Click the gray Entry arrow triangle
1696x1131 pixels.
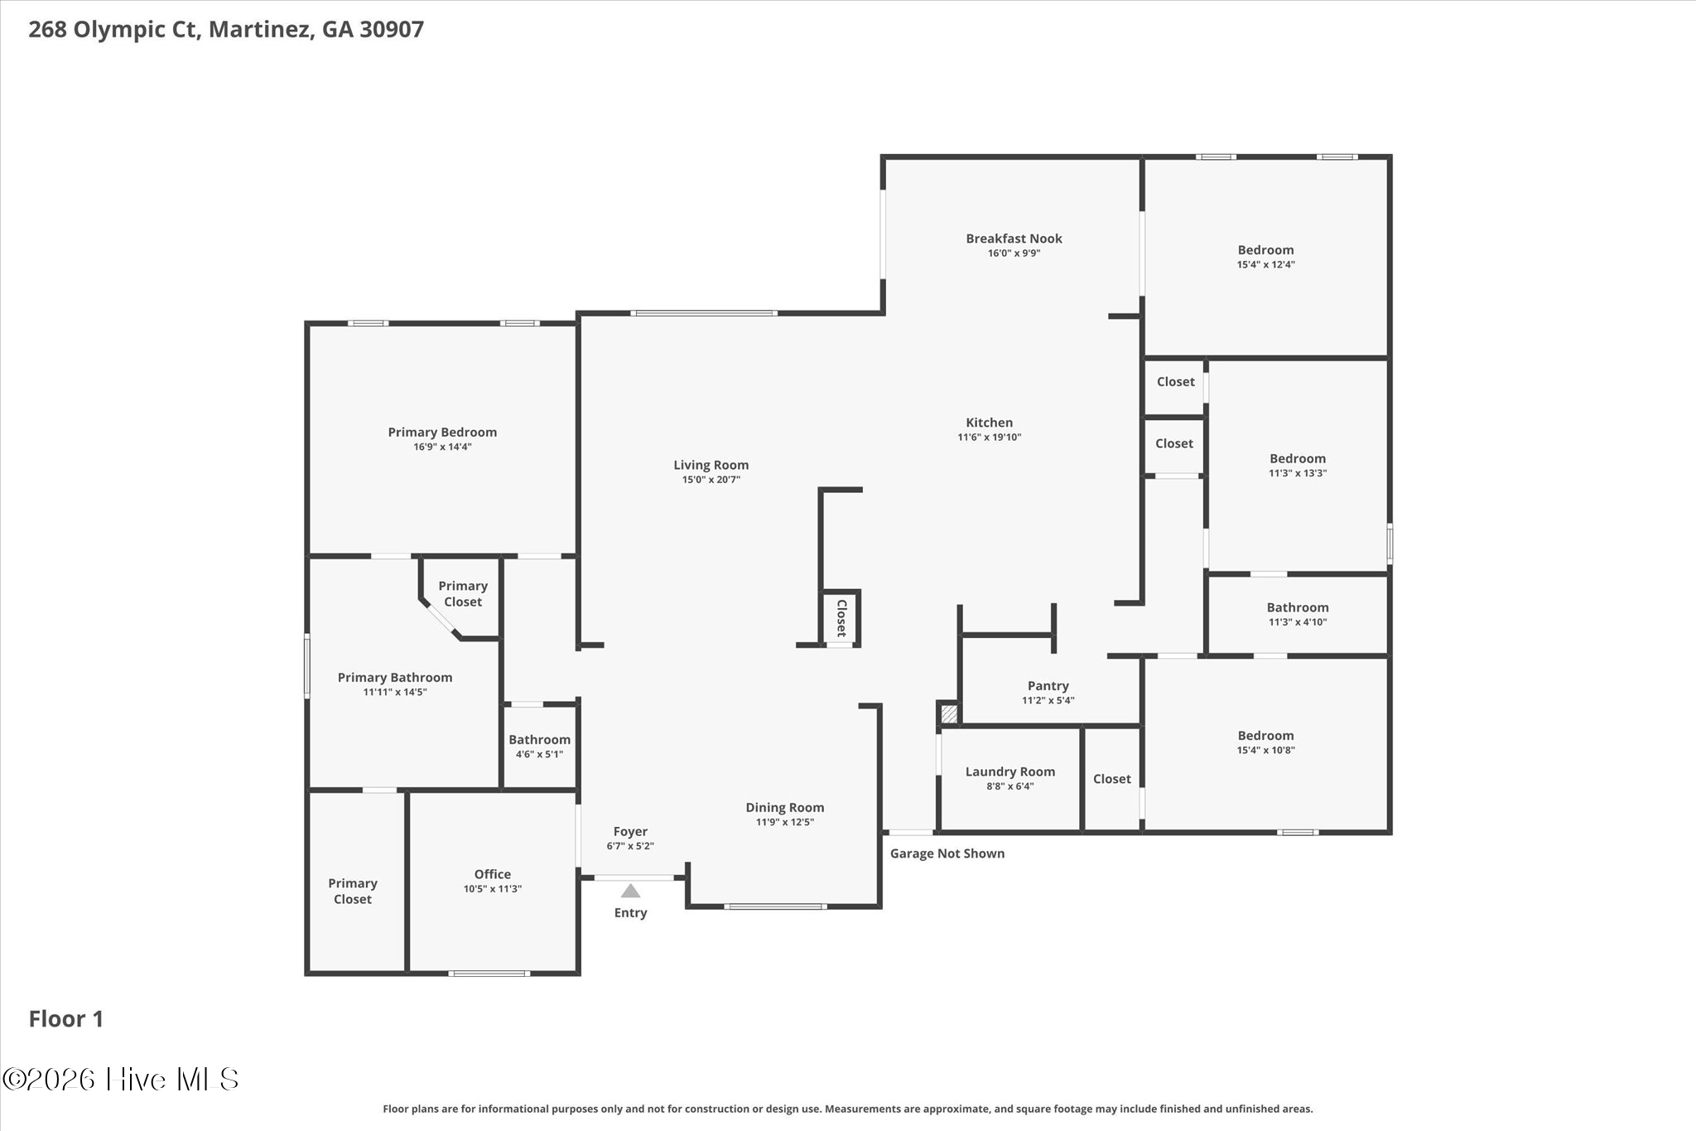click(x=631, y=891)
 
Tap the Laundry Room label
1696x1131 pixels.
click(x=1010, y=771)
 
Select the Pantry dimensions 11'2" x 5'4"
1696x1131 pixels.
click(x=1048, y=700)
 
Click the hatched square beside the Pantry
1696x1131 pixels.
click(x=949, y=713)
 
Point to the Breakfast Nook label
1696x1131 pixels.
click(x=1014, y=239)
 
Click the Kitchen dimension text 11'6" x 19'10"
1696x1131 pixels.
click(x=990, y=437)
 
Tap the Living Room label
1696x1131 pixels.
click(x=711, y=466)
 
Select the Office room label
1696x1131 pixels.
click(x=493, y=874)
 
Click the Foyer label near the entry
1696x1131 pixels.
click(x=630, y=832)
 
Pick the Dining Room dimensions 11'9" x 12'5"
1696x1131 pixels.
click(x=784, y=822)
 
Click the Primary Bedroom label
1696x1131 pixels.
click(x=442, y=433)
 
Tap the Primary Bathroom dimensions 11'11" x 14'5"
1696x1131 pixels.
click(x=395, y=692)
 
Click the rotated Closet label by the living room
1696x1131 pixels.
click(x=841, y=618)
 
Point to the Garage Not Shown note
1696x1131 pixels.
click(x=947, y=853)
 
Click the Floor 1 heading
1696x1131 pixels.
click(x=66, y=1019)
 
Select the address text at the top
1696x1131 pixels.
click(x=226, y=30)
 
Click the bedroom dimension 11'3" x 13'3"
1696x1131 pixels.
click(x=1298, y=473)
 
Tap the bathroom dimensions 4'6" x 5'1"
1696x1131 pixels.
click(x=539, y=754)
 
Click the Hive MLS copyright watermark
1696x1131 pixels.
click(x=121, y=1079)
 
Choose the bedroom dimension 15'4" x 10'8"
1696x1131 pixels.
click(x=1266, y=750)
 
